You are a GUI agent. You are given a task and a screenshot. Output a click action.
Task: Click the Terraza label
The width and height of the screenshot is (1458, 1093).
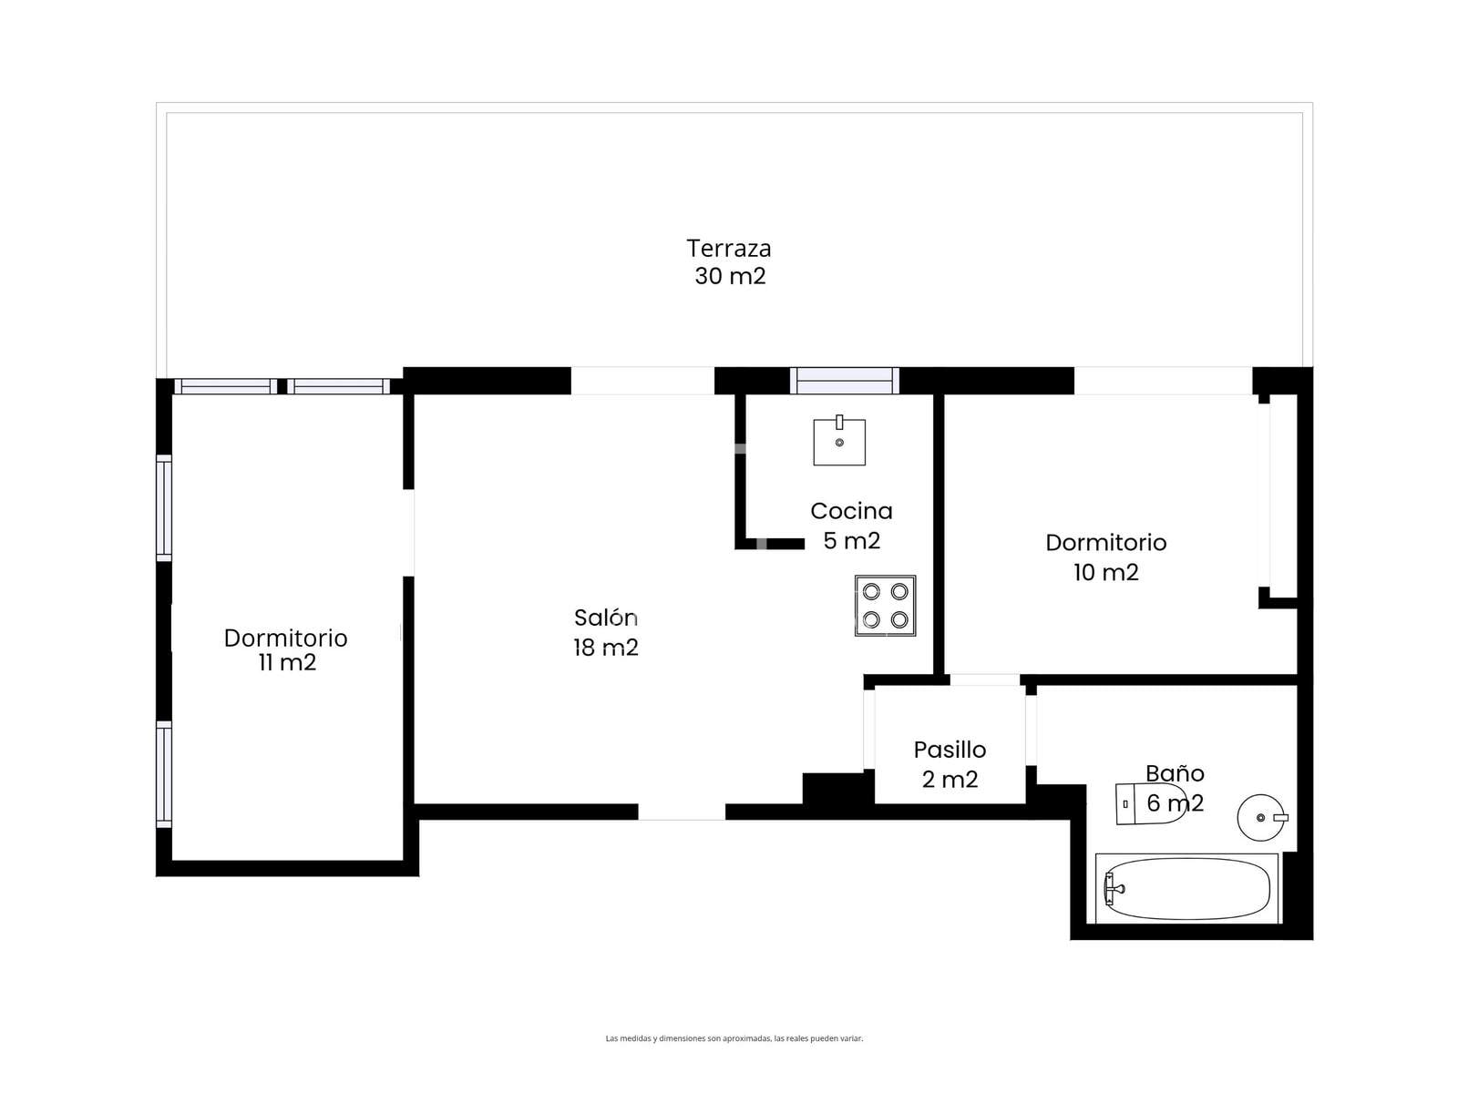[728, 248]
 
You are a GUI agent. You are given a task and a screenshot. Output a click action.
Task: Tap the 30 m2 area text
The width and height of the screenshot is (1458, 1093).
[729, 276]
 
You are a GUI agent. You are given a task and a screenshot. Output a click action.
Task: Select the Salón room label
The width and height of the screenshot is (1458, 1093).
[604, 618]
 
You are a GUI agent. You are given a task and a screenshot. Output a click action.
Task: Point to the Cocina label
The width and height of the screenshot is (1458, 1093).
[850, 511]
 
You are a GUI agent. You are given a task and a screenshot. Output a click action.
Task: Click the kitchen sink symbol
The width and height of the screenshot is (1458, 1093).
[839, 441]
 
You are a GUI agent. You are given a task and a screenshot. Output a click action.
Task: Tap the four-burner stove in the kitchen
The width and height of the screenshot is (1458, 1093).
[885, 605]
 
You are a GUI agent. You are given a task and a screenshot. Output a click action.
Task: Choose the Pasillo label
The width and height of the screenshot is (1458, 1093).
[950, 750]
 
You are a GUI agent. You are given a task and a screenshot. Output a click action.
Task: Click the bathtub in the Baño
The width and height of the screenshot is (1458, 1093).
[1186, 889]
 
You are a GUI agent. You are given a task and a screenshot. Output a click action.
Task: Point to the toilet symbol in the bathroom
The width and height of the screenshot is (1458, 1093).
[1151, 804]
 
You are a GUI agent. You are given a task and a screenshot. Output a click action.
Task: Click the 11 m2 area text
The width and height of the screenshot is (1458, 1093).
[287, 663]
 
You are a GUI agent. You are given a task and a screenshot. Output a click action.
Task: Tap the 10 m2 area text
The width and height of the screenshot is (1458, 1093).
[1105, 572]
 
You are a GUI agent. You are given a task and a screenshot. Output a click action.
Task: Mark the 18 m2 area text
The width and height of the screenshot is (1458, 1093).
[605, 647]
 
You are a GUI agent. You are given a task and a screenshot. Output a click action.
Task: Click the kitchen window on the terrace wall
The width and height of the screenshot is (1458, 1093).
[844, 381]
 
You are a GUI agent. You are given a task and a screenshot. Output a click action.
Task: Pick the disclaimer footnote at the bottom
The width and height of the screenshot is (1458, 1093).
[734, 1038]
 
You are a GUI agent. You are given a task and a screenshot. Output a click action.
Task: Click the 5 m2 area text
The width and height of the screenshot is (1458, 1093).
[851, 541]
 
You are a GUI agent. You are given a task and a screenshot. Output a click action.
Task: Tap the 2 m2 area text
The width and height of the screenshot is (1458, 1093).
[950, 779]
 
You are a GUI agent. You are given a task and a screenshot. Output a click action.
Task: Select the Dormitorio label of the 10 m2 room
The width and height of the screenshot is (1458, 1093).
[1105, 543]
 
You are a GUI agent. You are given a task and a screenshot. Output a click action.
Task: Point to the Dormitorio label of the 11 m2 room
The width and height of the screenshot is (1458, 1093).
[285, 638]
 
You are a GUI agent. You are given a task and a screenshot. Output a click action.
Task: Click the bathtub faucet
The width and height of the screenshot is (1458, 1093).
[1113, 889]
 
